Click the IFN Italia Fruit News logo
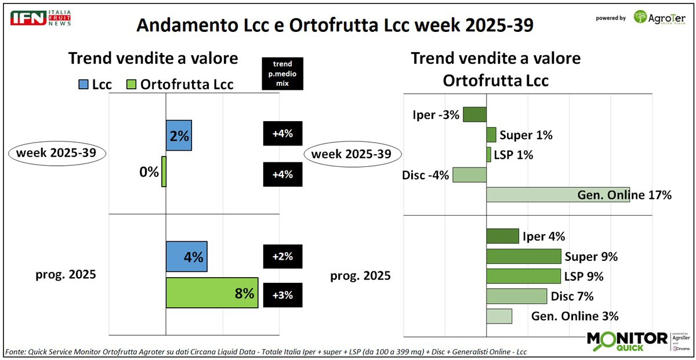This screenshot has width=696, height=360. point(41,17)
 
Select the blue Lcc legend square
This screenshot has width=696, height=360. point(83,85)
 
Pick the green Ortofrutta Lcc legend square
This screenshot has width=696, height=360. point(132,85)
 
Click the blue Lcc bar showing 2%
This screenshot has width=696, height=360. point(179,135)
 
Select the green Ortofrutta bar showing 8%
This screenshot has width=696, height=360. point(212,293)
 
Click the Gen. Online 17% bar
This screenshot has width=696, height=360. point(557,195)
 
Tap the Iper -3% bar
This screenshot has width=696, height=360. point(474,114)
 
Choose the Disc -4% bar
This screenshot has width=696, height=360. point(469,175)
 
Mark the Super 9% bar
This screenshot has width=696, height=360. point(523,256)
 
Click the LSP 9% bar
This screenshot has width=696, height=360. point(523,276)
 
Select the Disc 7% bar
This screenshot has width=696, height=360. point(516,296)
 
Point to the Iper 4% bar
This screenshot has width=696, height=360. point(502,236)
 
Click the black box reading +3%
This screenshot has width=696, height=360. point(283,294)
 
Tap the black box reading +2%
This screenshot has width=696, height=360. point(283,256)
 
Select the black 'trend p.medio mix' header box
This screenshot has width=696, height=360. point(283,73)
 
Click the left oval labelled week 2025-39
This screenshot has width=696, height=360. point(57,154)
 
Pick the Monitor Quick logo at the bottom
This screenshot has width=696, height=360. point(627,341)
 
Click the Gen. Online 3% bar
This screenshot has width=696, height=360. point(499,316)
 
